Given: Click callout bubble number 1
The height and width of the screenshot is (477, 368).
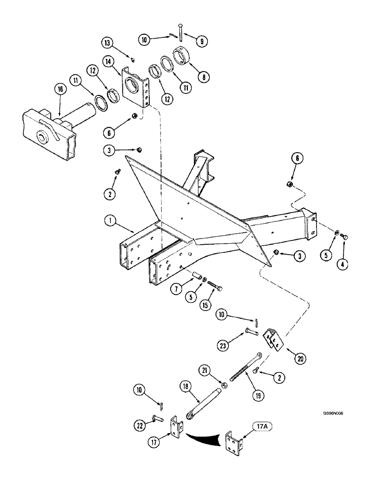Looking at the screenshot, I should [110, 221].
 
